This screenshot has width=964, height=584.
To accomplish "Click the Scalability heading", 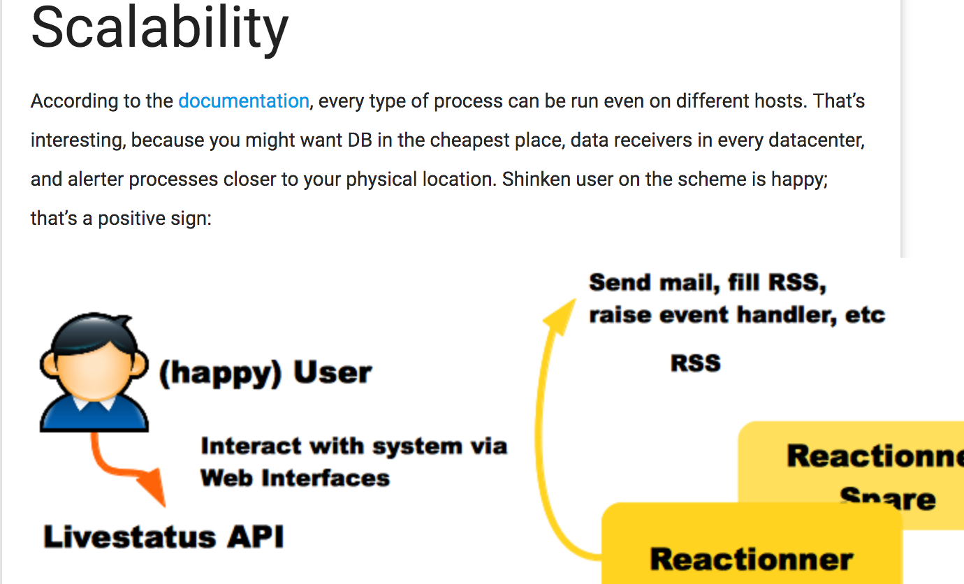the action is pyautogui.click(x=159, y=28).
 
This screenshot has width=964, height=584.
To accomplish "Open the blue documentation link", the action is pyautogui.click(x=243, y=101).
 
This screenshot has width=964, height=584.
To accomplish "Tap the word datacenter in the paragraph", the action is pyautogui.click(x=812, y=140).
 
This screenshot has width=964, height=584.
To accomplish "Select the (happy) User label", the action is pyautogui.click(x=265, y=373).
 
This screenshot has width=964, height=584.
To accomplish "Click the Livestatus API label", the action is pyautogui.click(x=163, y=537).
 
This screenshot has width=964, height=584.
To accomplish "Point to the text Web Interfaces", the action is pyautogui.click(x=295, y=479).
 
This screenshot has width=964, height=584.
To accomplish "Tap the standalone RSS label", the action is pyautogui.click(x=695, y=363).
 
